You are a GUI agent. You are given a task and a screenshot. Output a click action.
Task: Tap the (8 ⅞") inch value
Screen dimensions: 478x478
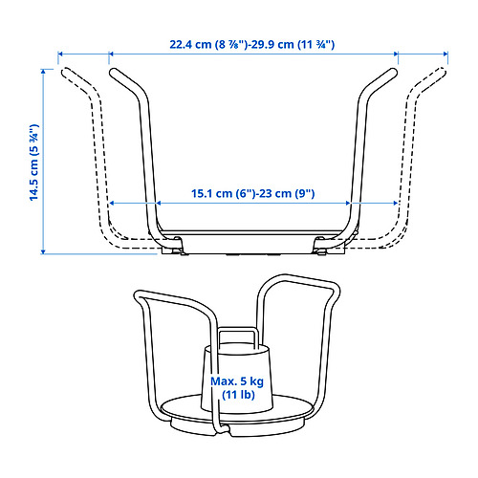click(235, 45)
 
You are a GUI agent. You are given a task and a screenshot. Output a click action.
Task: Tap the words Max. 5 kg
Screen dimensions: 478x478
click(237, 381)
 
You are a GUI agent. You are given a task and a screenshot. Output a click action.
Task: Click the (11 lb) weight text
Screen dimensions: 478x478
click(237, 396)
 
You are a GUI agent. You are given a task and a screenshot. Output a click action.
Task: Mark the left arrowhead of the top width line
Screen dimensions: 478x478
click(60, 54)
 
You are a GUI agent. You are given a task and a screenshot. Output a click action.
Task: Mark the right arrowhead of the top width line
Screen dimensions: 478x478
click(445, 54)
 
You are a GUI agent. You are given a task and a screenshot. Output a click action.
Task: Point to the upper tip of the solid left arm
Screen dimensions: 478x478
click(112, 71)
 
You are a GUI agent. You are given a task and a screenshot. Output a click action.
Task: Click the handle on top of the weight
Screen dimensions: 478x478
click(237, 335)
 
